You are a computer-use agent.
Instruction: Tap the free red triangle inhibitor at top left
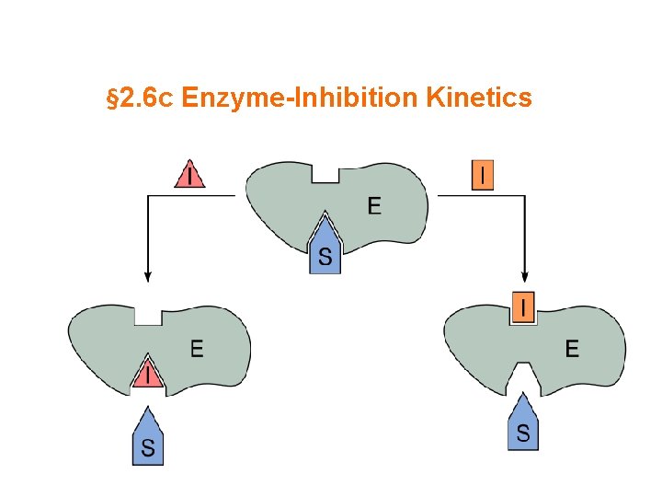190,174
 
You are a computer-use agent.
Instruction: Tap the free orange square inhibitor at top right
483,175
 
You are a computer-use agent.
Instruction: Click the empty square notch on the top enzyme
325,172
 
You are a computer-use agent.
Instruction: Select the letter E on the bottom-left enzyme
197,348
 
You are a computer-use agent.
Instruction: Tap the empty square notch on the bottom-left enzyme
148,315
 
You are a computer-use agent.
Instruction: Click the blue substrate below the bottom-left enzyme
147,439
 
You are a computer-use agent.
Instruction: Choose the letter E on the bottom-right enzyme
572,348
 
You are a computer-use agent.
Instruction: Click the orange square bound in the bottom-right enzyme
522,308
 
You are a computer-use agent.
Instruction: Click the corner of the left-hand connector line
148,195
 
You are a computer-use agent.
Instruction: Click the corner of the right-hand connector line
525,195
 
